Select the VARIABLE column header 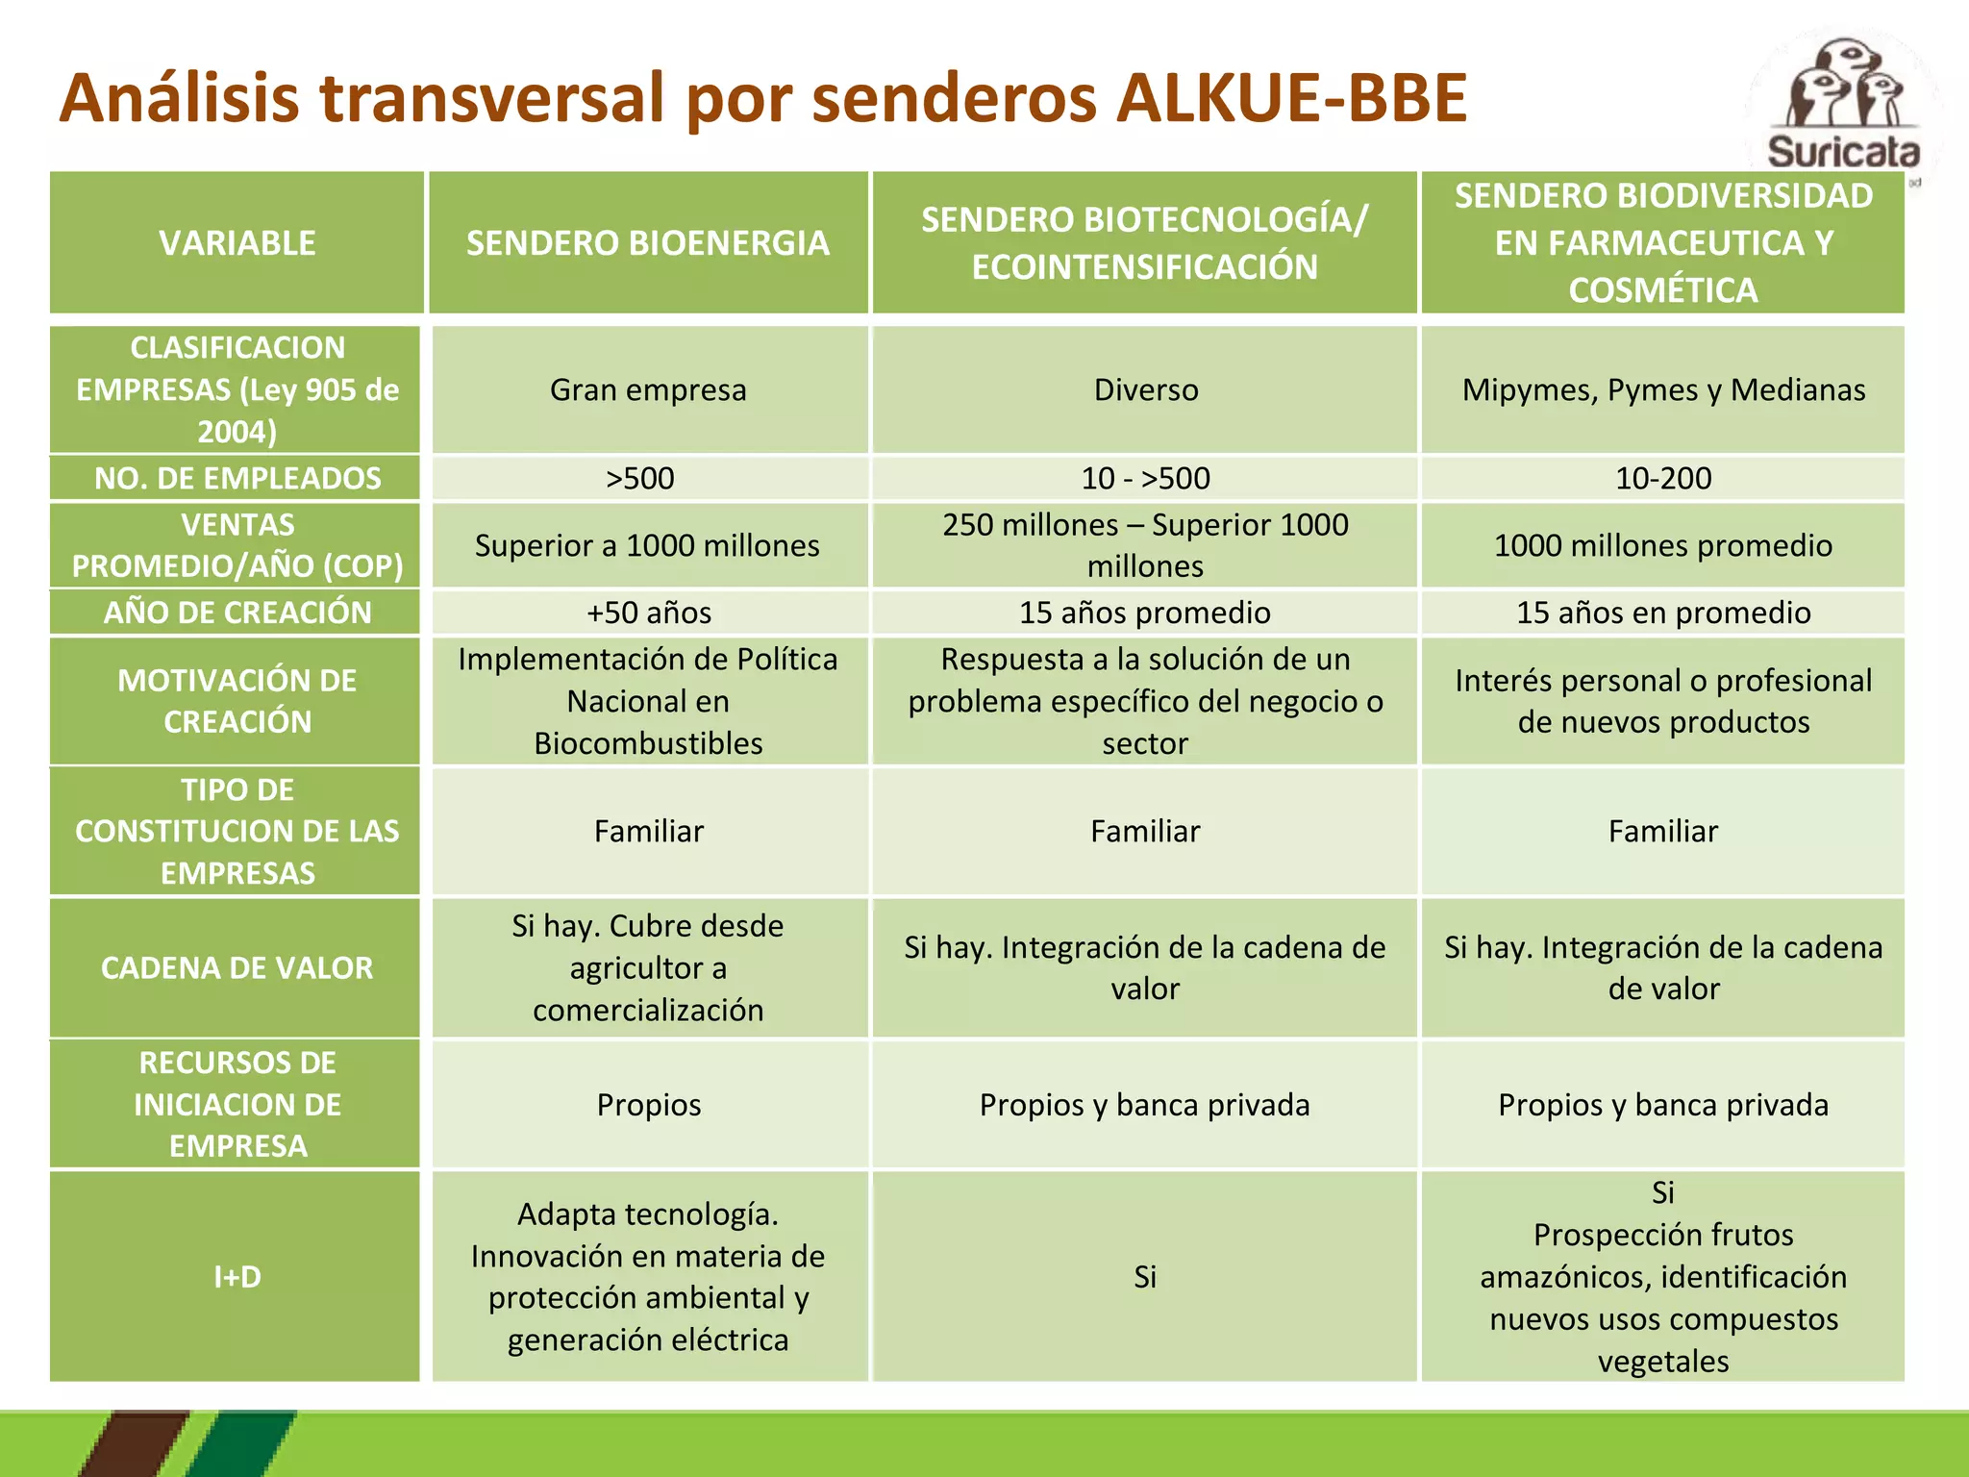pos(237,243)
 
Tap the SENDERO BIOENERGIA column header pos(648,243)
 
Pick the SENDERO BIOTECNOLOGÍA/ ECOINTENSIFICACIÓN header pos(1144,243)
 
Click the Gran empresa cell pos(648,389)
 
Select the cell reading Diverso pos(1145,389)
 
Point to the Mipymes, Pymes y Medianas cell pos(1663,389)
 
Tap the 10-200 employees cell pos(1663,478)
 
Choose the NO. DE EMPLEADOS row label pos(237,478)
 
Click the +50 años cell pos(649,613)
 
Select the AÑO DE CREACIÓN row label pos(237,613)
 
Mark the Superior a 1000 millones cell pos(647,545)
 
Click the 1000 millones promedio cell pos(1663,545)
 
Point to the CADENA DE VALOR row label pos(237,967)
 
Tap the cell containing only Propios pos(649,1105)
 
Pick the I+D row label pos(237,1276)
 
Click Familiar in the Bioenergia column pos(649,831)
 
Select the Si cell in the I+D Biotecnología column pos(1144,1276)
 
